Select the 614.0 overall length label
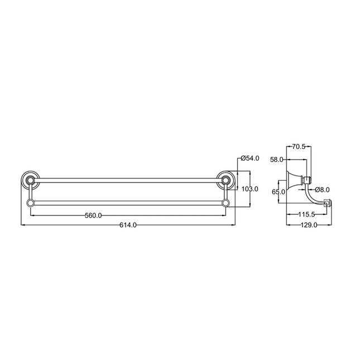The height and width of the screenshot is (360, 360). (128, 225)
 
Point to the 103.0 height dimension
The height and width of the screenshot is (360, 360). (250, 189)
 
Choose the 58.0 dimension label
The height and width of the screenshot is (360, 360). (277, 159)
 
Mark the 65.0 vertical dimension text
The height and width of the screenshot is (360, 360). (278, 192)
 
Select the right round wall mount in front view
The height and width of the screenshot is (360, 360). (225, 180)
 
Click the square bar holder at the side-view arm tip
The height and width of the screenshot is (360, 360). (328, 203)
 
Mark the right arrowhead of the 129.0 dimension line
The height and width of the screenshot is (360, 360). (330, 225)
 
